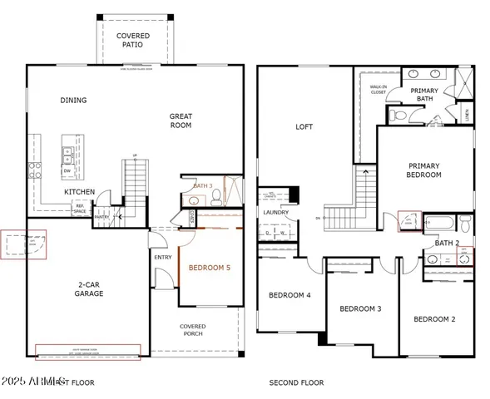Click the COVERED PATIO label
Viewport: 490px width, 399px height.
pos(133,40)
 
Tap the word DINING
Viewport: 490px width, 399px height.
pos(73,101)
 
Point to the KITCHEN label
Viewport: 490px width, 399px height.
pos(79,192)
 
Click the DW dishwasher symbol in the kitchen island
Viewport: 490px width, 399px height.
pos(67,171)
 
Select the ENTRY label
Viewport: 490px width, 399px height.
pos(162,258)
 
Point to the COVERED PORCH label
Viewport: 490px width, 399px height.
pos(193,331)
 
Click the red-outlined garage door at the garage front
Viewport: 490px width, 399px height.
pos(87,352)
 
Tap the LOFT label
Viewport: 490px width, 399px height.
pos(304,127)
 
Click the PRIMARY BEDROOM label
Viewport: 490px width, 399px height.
pos(423,170)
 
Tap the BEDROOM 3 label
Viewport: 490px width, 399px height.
pos(360,308)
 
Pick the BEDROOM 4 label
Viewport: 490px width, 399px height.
pos(289,295)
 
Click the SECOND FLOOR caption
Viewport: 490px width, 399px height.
pos(295,383)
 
